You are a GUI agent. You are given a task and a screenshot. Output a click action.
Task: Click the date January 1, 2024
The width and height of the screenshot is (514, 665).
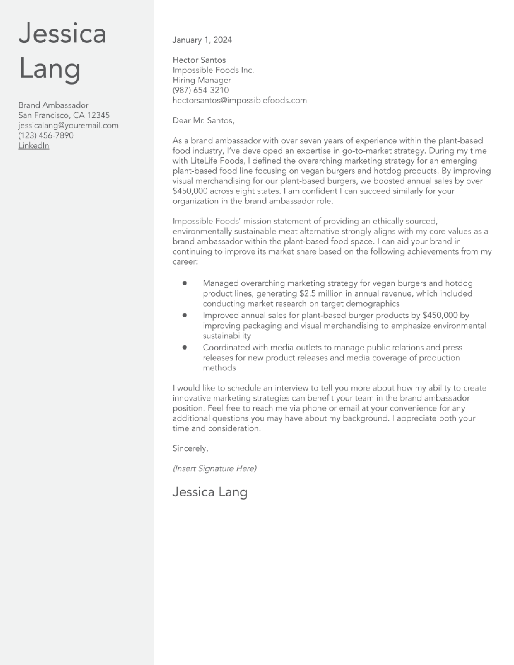tap(202, 40)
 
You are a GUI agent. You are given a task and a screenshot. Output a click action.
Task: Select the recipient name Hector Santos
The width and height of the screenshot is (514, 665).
tap(199, 60)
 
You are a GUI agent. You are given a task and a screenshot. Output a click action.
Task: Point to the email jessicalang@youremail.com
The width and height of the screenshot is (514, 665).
tap(68, 126)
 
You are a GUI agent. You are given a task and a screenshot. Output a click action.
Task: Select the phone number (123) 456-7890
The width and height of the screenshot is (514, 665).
tap(46, 135)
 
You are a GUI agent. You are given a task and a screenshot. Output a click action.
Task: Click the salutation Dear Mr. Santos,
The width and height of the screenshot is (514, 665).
tap(203, 121)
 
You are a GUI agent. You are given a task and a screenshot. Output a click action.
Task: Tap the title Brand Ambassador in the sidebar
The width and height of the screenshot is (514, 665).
tap(53, 105)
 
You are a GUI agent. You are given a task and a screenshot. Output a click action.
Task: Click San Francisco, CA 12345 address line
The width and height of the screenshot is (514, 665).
tap(64, 115)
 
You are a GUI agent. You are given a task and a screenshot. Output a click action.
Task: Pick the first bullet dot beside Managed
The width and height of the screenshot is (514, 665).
tap(184, 283)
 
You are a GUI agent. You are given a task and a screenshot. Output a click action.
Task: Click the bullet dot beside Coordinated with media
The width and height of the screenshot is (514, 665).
tap(184, 347)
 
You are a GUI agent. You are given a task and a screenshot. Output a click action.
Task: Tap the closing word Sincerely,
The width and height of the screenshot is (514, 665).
tap(190, 449)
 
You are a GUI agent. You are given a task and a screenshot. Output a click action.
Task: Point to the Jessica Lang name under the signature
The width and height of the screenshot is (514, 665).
tap(210, 492)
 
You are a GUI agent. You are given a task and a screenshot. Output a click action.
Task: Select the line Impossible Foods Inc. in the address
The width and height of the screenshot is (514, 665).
tap(213, 70)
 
